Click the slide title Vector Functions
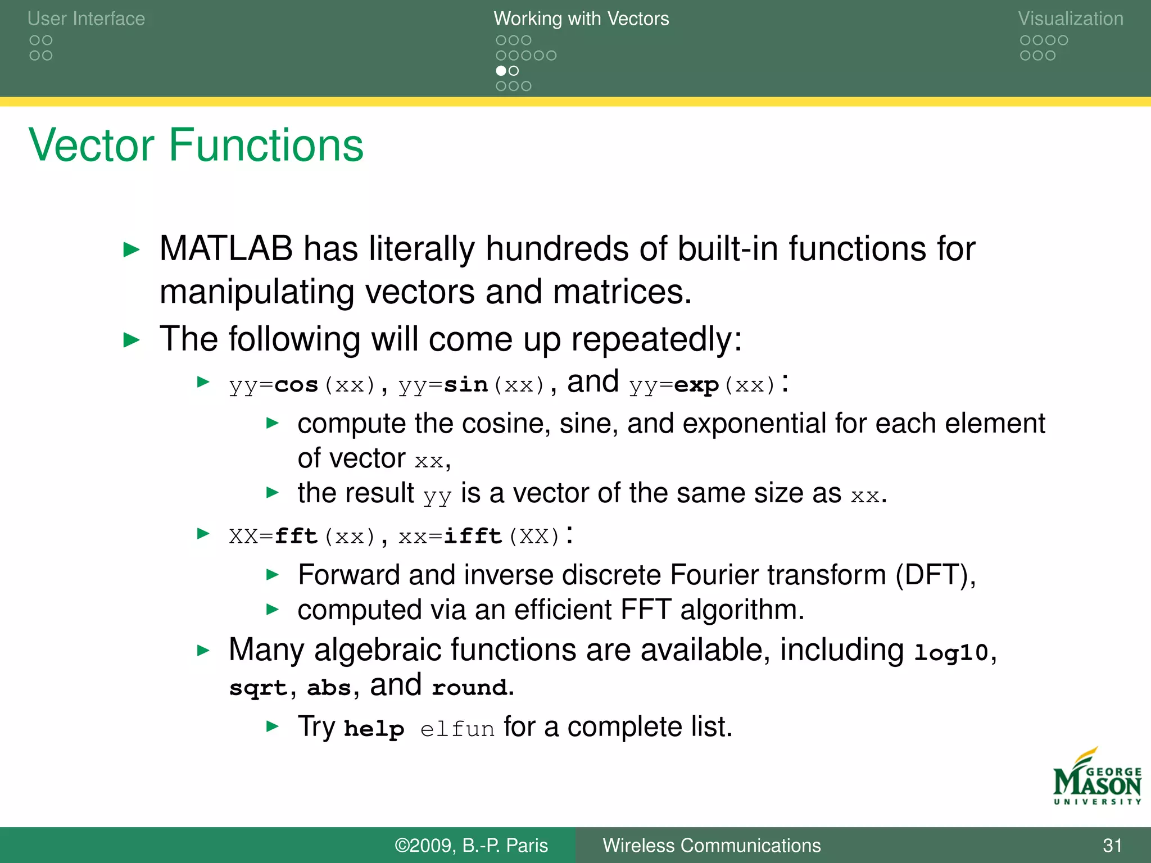pos(196,146)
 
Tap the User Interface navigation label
pos(86,19)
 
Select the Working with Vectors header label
pos(581,19)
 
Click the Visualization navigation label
pos(1070,19)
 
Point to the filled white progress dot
pos(501,71)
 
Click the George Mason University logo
pos(1096,777)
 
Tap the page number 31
pos(1112,845)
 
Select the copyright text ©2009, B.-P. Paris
pos(471,845)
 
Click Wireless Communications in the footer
pos(712,845)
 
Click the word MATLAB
pos(226,249)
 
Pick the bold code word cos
pos(296,385)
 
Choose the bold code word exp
pos(696,385)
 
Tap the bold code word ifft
pos(473,537)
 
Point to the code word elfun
pos(457,729)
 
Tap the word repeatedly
pos(656,339)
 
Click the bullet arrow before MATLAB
pos(132,249)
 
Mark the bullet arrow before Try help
pos(273,726)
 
